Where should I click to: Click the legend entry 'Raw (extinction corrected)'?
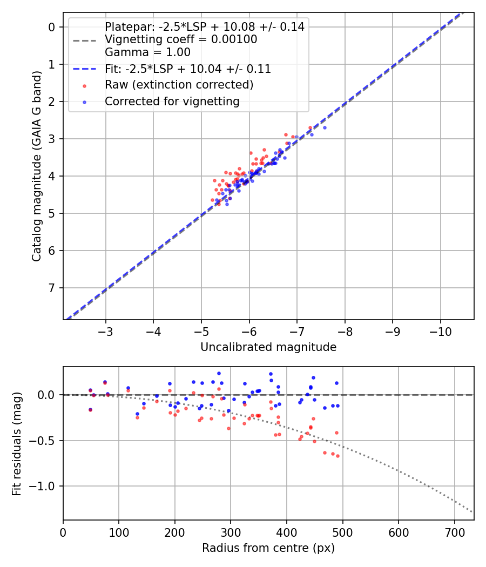pos(179,85)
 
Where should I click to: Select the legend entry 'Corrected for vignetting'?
pos(172,101)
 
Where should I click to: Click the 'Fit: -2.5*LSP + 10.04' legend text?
pos(187,69)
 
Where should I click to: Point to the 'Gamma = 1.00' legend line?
pos(147,52)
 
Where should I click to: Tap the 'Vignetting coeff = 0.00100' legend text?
pos(181,39)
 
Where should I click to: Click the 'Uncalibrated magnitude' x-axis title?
pos(268,347)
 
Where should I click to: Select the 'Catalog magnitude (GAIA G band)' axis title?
pos(37,166)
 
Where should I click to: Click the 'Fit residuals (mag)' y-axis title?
pos(17,443)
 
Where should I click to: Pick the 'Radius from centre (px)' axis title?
pos(268,548)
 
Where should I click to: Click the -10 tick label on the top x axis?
pos(440,330)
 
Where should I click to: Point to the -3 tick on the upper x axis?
pos(105,330)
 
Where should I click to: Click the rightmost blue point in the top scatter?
pos(325,127)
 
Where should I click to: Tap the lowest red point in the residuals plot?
pos(337,456)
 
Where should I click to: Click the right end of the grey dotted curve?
pos(473,512)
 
